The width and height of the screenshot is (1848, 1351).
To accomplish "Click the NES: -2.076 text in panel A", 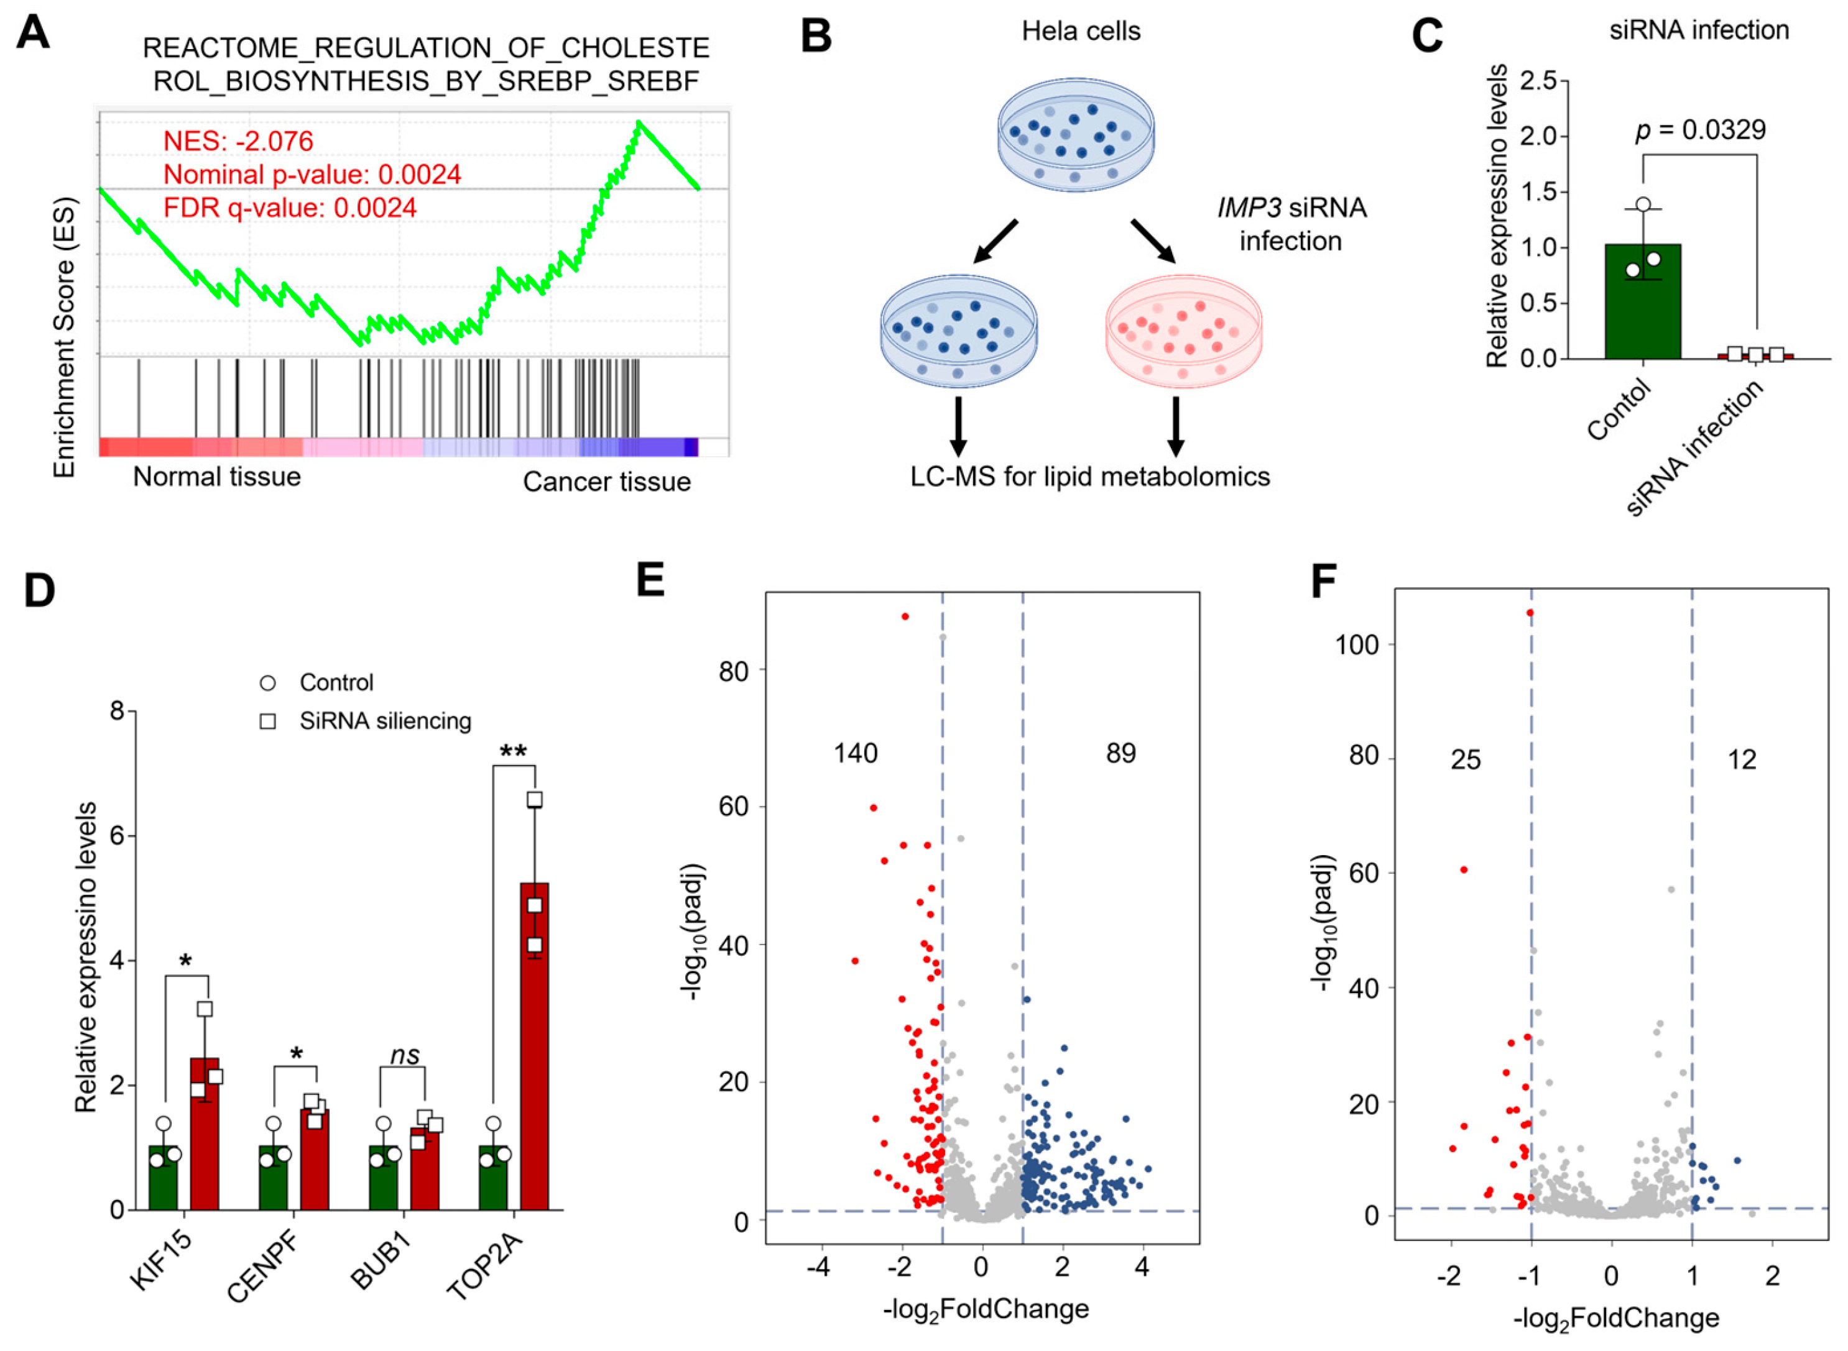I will pos(238,142).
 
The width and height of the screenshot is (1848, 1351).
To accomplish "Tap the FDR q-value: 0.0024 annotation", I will pos(290,208).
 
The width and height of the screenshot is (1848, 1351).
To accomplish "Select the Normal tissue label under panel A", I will pos(217,477).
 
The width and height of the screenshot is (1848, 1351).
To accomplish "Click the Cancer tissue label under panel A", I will pos(606,482).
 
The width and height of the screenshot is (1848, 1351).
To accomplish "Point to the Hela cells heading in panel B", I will pos(1081,31).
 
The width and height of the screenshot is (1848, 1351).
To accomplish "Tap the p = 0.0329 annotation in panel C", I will pos(1700,130).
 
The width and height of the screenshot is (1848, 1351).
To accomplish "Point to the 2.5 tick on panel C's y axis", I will pos(1538,81).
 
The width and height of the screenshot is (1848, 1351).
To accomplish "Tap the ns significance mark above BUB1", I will pos(404,1056).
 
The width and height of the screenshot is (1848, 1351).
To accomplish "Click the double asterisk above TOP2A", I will pos(513,751).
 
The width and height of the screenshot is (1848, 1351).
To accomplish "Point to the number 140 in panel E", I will pos(855,753).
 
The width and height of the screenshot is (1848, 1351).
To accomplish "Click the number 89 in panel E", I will pos(1120,753).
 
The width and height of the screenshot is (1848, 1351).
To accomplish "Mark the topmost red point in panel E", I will pos(905,616).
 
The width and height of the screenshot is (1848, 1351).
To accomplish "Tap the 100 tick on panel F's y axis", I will pos(1356,645).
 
